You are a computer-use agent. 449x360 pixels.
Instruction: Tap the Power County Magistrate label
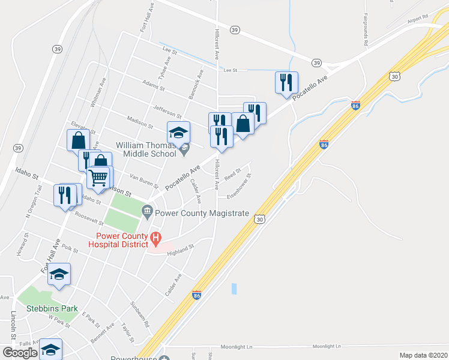coord(202,212)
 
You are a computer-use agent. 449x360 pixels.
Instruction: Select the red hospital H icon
coord(155,238)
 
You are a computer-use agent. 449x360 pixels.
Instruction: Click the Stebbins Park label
coord(53,309)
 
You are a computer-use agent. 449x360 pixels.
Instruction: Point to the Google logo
coord(20,352)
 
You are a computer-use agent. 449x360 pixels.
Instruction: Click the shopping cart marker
coord(99,177)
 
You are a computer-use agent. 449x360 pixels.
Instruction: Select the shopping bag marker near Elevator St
coord(78,140)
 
